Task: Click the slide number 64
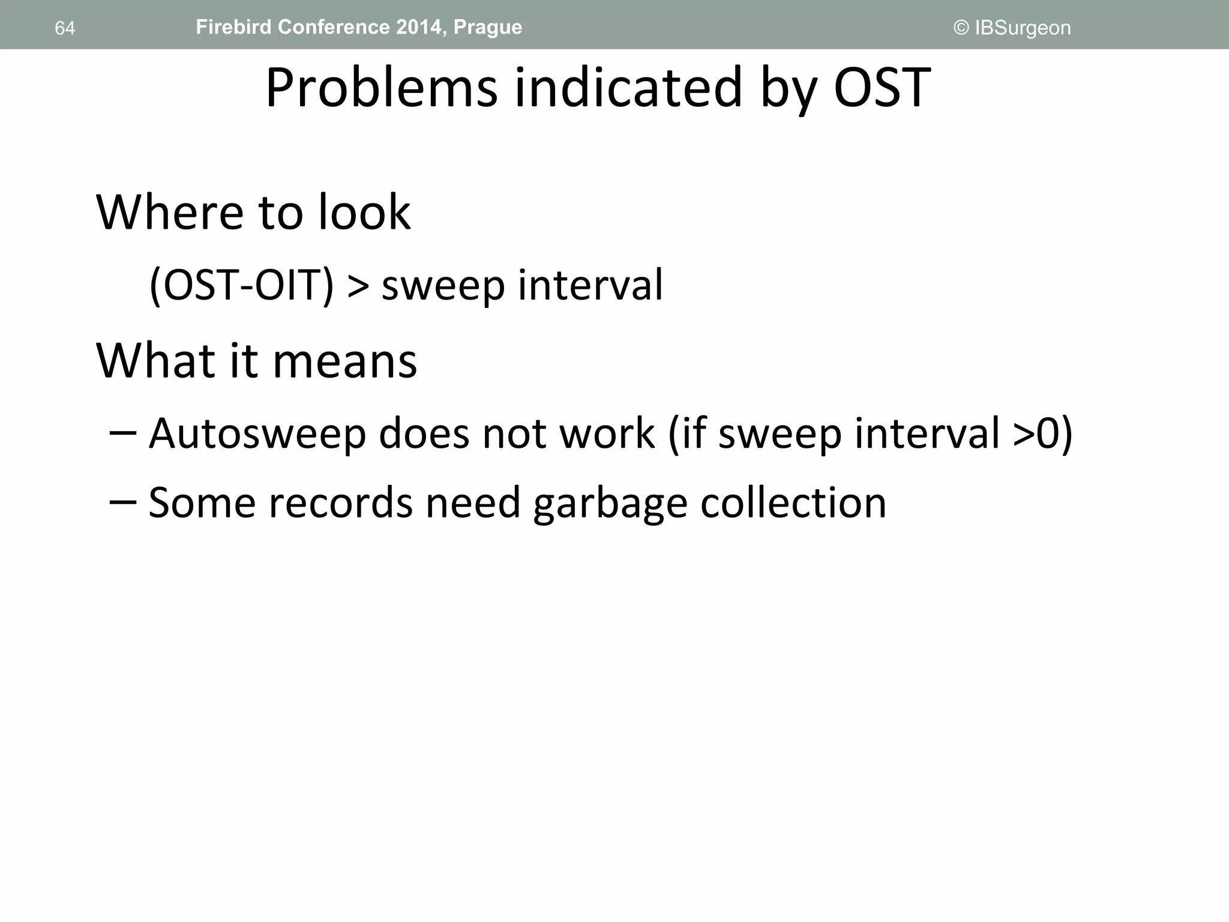(x=65, y=28)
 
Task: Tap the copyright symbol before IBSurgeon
(x=961, y=28)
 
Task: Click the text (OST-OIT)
(x=241, y=285)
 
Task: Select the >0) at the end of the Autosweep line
(x=1042, y=433)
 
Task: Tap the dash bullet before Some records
(x=123, y=502)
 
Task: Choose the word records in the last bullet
(x=340, y=502)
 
